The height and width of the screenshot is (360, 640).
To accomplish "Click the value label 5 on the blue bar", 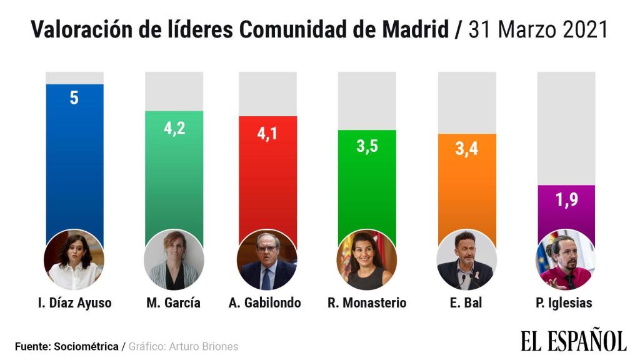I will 74,98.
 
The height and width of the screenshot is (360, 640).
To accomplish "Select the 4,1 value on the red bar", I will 267,134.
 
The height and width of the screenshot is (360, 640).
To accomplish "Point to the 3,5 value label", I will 366,149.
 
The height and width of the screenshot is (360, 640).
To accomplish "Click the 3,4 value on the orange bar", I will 466,151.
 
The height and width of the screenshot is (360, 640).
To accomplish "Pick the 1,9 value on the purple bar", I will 566,201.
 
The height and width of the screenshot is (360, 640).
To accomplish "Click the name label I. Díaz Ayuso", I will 74,303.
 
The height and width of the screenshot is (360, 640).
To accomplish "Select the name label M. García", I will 173,303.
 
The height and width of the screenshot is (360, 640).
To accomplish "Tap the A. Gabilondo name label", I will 265,303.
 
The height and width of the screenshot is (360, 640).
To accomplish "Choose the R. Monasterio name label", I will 367,303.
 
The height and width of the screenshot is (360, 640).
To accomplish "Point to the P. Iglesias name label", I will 564,303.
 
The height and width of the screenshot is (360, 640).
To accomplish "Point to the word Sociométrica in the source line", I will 87,346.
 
